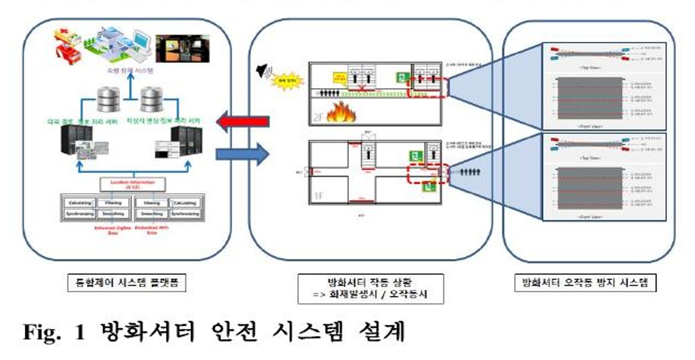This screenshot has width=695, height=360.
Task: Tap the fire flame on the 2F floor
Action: [341, 112]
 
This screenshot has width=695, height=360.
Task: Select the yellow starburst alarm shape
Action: [287, 81]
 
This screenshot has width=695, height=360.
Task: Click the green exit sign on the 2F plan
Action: [402, 77]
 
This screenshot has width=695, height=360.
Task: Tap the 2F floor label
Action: [318, 117]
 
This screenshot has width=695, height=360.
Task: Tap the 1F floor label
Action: [318, 195]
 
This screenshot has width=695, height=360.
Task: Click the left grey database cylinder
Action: [108, 99]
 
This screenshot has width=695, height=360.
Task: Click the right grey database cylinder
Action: [151, 99]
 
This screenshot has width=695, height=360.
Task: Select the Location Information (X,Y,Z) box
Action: [132, 184]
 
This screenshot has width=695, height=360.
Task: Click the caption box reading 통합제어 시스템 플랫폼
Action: [127, 283]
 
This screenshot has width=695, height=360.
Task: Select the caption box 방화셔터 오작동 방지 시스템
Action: [585, 283]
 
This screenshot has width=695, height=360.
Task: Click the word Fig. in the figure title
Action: [42, 332]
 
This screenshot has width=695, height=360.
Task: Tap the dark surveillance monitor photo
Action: [183, 49]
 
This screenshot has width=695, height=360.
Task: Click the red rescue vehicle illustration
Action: [68, 53]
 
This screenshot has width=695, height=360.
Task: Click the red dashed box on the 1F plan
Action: [428, 173]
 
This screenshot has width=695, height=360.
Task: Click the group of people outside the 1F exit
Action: [470, 172]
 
